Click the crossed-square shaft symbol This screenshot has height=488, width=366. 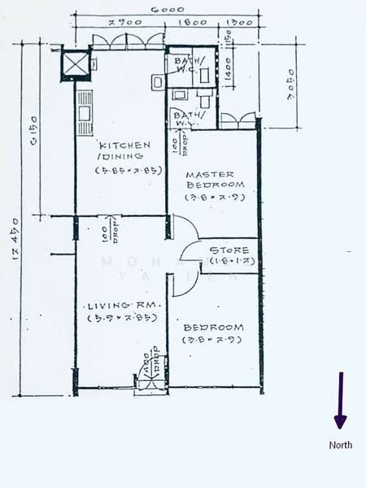point(76,63)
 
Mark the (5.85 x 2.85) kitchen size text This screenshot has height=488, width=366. point(124,171)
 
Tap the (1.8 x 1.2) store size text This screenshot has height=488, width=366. point(232,261)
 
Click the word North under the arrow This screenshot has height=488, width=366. point(340,445)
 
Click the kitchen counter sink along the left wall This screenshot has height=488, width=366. point(84,113)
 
